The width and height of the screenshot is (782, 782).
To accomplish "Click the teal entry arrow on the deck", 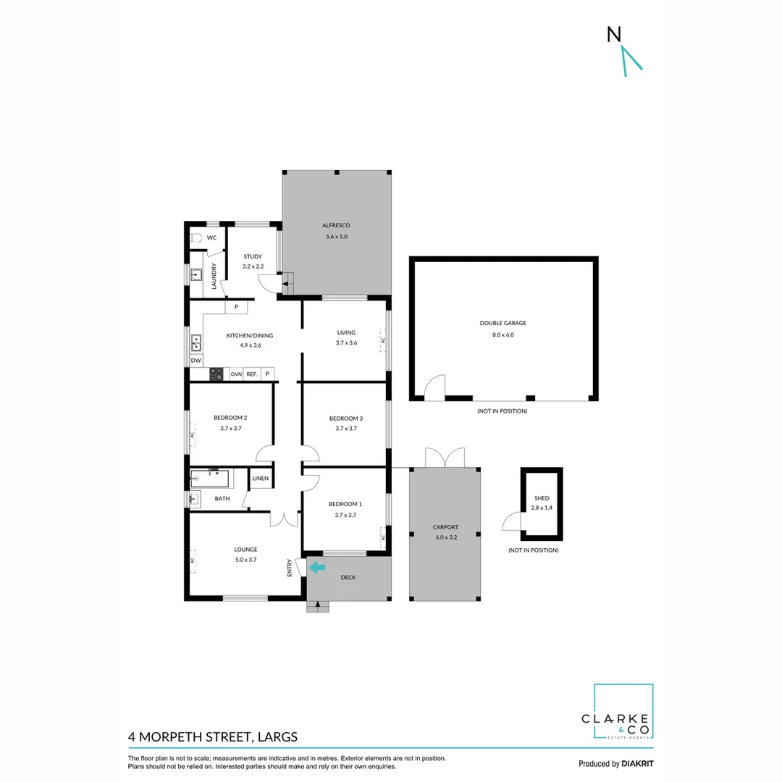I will tap(317, 568).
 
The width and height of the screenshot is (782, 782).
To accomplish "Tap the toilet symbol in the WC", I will tap(195, 237).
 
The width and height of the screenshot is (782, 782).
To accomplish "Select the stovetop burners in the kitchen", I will tap(216, 374).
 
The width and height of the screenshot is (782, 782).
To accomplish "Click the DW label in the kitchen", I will tap(195, 360).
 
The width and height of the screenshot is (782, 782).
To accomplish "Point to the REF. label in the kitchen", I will tap(252, 374).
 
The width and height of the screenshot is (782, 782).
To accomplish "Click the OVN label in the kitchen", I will tap(236, 374).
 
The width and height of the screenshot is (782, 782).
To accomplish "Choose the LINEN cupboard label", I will tap(260, 479).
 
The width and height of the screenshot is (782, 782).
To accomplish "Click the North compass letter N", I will tap(614, 34).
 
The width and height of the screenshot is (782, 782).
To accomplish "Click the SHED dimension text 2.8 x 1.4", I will tap(542, 508).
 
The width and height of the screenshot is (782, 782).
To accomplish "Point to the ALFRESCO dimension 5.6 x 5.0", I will tap(336, 236).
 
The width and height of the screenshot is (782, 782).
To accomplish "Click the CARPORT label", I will tap(445, 527).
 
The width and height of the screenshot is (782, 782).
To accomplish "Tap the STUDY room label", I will tap(252, 256).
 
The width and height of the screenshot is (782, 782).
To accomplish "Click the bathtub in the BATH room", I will tap(210, 478).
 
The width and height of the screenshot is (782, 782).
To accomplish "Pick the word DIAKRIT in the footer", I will tap(637, 763).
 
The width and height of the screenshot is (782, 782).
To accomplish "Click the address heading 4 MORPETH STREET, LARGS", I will tap(213, 737).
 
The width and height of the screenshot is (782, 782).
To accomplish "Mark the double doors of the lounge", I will tap(284, 519).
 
